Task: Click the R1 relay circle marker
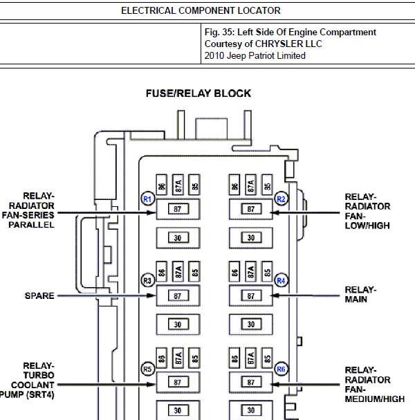coord(147,199)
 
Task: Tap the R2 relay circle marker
coord(281,199)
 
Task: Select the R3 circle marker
coord(147,280)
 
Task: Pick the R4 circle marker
coord(281,280)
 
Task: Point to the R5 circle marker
coord(147,369)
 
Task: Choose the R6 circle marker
coord(281,369)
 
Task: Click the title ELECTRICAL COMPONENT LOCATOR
coord(201,10)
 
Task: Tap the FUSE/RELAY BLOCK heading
coord(199,93)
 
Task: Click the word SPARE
coord(39,295)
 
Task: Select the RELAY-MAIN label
coord(360,294)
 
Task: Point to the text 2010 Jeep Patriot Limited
coord(255,56)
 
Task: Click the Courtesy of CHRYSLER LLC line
coord(264,44)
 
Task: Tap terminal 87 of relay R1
coord(178,209)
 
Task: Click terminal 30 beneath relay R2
coord(251,237)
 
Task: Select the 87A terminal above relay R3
coord(178,272)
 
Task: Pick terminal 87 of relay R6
coord(251,382)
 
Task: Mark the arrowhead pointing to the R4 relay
coord(275,295)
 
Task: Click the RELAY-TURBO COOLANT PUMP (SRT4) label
coord(27,380)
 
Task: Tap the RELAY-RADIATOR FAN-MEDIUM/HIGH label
coord(375,385)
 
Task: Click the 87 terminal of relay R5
coord(178,382)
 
